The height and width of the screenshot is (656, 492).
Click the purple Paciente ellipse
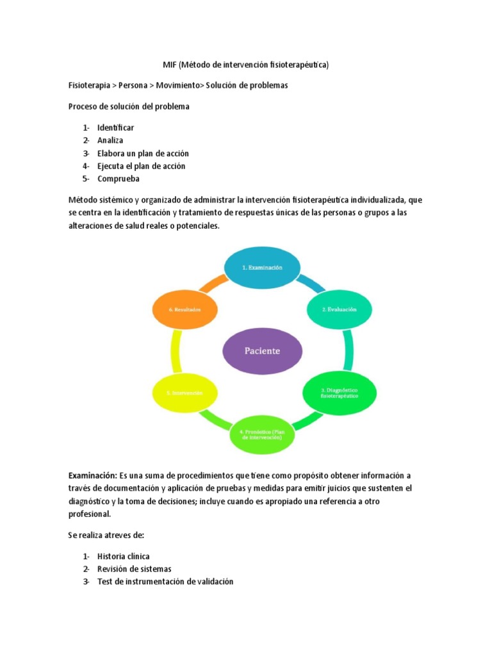coord(261,350)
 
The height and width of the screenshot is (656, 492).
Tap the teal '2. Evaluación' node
coord(339,309)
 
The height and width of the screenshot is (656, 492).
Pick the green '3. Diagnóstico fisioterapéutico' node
coord(339,392)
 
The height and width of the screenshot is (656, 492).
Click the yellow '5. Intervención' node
coord(185,392)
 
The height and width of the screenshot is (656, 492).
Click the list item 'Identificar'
coord(115,127)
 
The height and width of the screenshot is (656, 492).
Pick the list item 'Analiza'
coord(110,140)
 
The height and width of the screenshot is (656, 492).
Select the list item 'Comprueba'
coord(119,179)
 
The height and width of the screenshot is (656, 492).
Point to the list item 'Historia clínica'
coord(124,556)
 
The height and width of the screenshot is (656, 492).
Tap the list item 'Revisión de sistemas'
coord(134,569)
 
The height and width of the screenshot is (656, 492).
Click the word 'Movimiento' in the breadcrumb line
coord(174,86)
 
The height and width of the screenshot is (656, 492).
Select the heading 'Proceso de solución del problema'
coord(129,106)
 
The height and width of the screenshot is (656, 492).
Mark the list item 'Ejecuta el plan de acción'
coord(141,166)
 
